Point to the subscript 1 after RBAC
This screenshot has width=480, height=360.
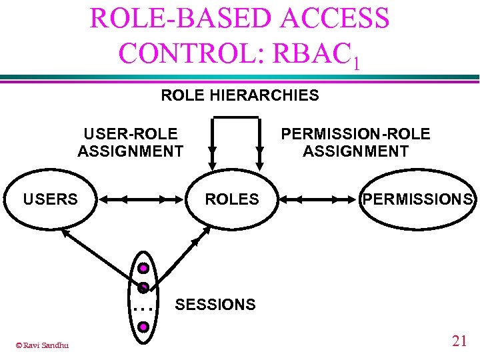pyautogui.click(x=357, y=63)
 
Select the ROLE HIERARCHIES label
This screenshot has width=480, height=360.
pyautogui.click(x=240, y=95)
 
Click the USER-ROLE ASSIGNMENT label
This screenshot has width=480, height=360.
pyautogui.click(x=131, y=143)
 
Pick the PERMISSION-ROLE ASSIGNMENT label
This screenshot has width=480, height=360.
pyautogui.click(x=355, y=143)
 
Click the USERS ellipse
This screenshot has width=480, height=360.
pyautogui.click(x=51, y=199)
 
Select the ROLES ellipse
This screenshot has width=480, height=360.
pyautogui.click(x=232, y=199)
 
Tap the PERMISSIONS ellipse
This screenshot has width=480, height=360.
pyautogui.click(x=418, y=199)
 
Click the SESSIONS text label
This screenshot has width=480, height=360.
pyautogui.click(x=215, y=305)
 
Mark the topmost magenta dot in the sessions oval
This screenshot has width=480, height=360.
pyautogui.click(x=143, y=269)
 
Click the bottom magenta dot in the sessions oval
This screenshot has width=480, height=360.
pyautogui.click(x=143, y=327)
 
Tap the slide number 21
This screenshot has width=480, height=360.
pyautogui.click(x=459, y=341)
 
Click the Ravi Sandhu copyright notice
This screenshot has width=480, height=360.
pyautogui.click(x=42, y=345)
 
